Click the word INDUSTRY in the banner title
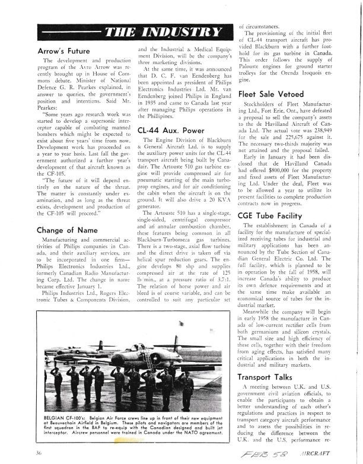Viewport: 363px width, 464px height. click(x=186, y=31)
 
